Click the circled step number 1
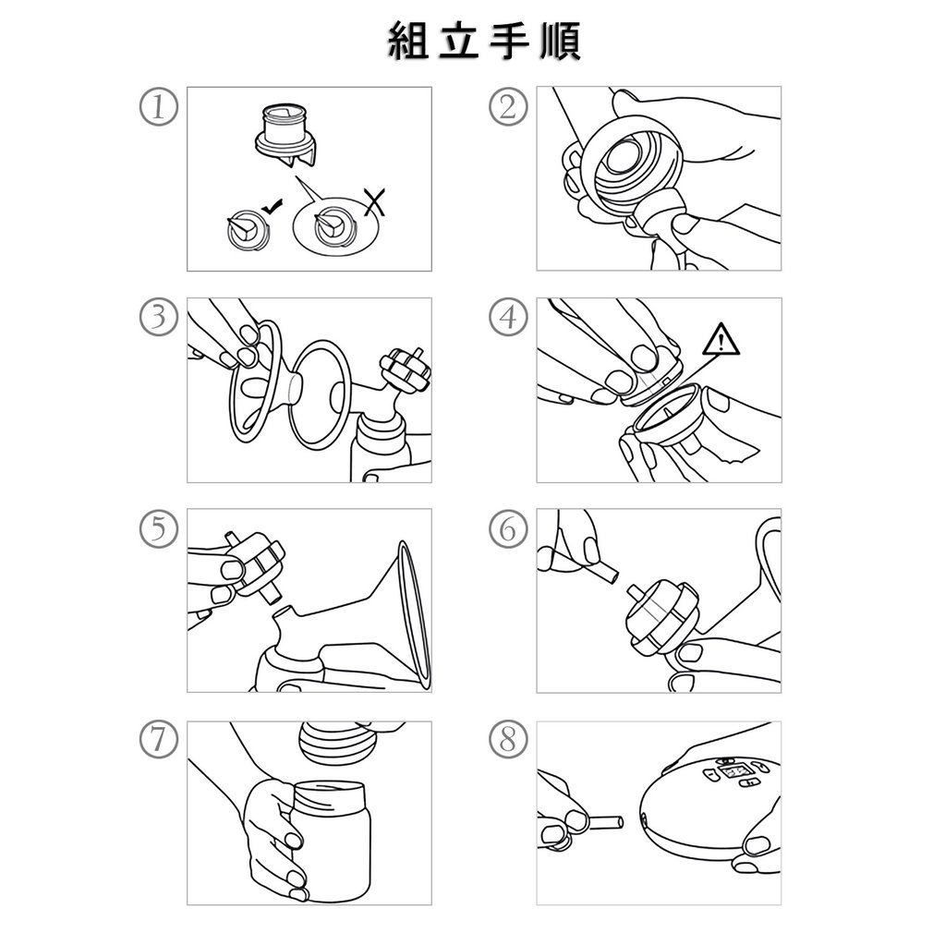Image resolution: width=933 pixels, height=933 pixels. (x=158, y=107)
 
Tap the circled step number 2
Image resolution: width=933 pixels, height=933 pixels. (x=507, y=107)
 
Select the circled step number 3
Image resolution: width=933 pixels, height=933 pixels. (x=158, y=317)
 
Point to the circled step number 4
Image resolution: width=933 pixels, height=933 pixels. (x=507, y=317)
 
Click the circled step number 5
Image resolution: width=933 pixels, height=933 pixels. (x=158, y=528)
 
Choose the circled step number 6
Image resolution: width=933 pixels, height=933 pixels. (x=507, y=528)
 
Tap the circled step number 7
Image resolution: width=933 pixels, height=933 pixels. (x=158, y=740)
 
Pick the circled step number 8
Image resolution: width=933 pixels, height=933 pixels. (x=507, y=740)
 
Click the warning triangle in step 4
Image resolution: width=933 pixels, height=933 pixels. (x=721, y=342)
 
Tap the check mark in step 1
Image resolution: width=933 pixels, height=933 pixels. (x=273, y=206)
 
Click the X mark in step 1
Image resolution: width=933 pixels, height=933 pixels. (x=375, y=202)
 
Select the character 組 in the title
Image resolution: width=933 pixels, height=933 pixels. (x=409, y=41)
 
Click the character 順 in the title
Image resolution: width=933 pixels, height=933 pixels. (x=559, y=41)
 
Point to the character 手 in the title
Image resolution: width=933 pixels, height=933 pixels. (x=510, y=41)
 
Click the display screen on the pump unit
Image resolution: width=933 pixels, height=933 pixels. (x=736, y=773)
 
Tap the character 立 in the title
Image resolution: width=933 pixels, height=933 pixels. (x=459, y=41)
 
